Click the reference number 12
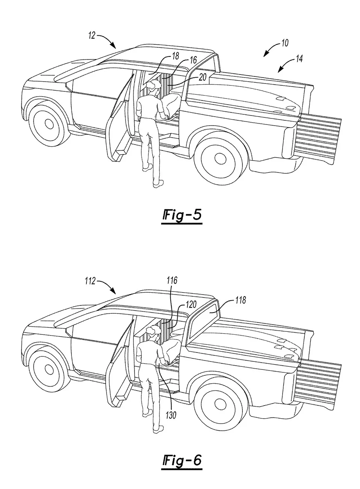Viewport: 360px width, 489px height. tap(91, 36)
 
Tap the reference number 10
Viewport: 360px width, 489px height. tap(284, 43)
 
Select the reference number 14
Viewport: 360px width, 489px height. tap(299, 58)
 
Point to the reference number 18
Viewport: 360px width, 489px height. tap(175, 56)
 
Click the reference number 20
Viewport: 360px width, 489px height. tap(202, 77)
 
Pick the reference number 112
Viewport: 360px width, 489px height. tap(90, 281)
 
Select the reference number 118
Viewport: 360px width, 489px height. tap(241, 300)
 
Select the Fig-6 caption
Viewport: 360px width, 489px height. tap(182, 461)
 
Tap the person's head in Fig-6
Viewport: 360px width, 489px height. tap(153, 333)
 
